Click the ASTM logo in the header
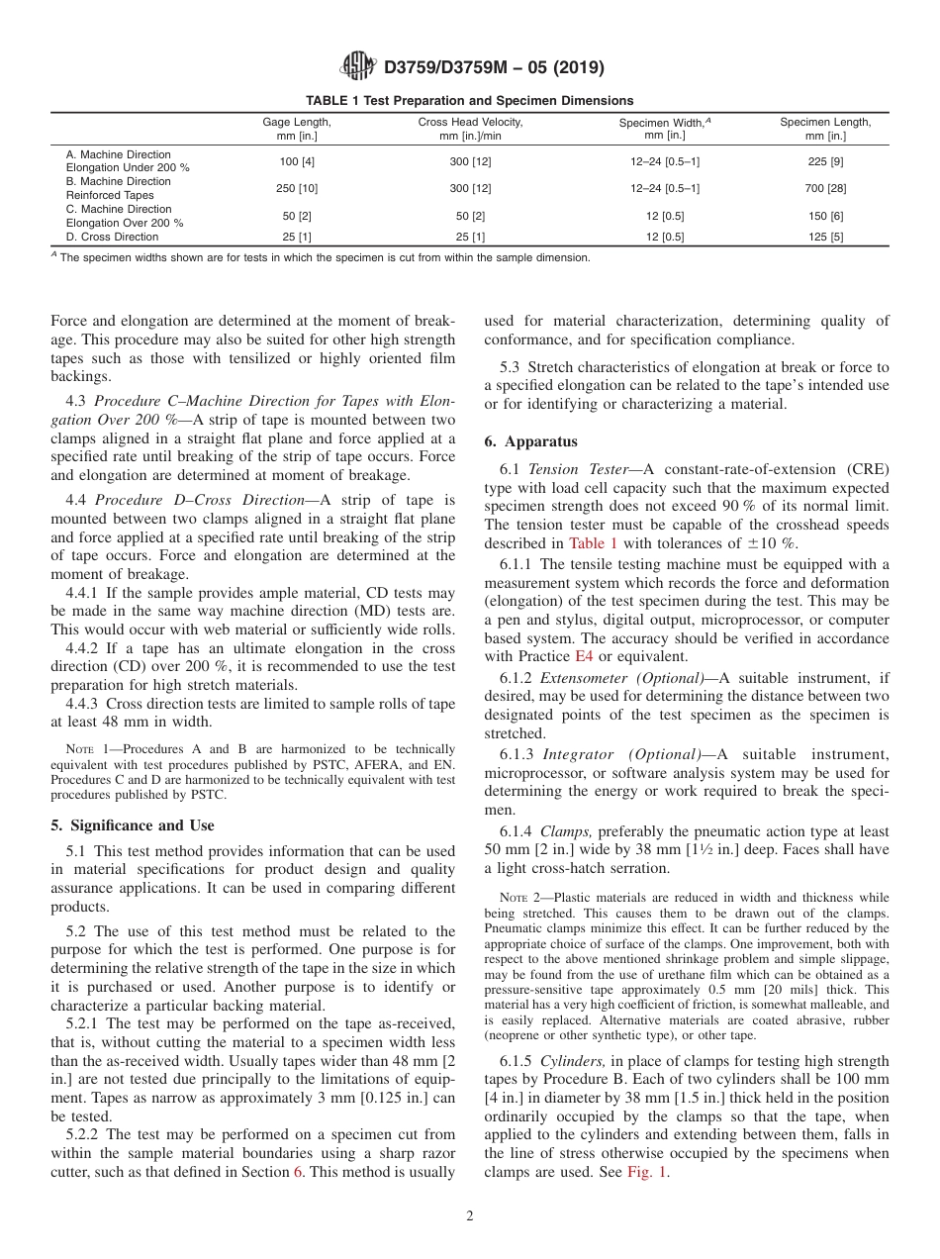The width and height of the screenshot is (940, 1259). [357, 66]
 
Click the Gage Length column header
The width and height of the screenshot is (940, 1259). [296, 129]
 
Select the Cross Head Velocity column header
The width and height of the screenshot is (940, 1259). [470, 129]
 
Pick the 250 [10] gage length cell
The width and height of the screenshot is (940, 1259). [296, 188]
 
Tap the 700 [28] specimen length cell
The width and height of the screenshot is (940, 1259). [824, 188]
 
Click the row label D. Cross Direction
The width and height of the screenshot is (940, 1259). [112, 238]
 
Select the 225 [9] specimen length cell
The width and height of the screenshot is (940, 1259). [824, 161]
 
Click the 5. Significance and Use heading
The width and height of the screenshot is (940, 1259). [133, 825]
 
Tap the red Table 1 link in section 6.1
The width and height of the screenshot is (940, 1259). [592, 542]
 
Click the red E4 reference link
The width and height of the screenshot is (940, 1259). [587, 655]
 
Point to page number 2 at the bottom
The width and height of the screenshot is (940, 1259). [470, 1216]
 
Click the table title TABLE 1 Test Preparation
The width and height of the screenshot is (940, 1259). [470, 100]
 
